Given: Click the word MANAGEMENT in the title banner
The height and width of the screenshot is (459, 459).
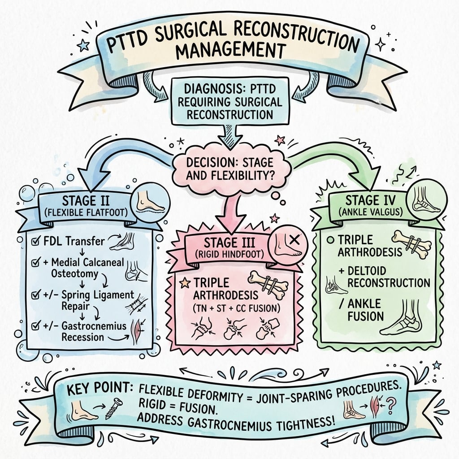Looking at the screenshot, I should pos(229,50).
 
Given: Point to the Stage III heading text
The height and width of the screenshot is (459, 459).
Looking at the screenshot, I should pos(229,245).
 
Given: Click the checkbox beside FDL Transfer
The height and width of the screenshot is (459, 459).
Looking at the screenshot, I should pos(35,242).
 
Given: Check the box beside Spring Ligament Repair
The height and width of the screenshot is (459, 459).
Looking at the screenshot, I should pos(35,295).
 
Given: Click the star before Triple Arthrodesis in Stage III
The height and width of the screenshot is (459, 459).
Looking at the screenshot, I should pos(183,282).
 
